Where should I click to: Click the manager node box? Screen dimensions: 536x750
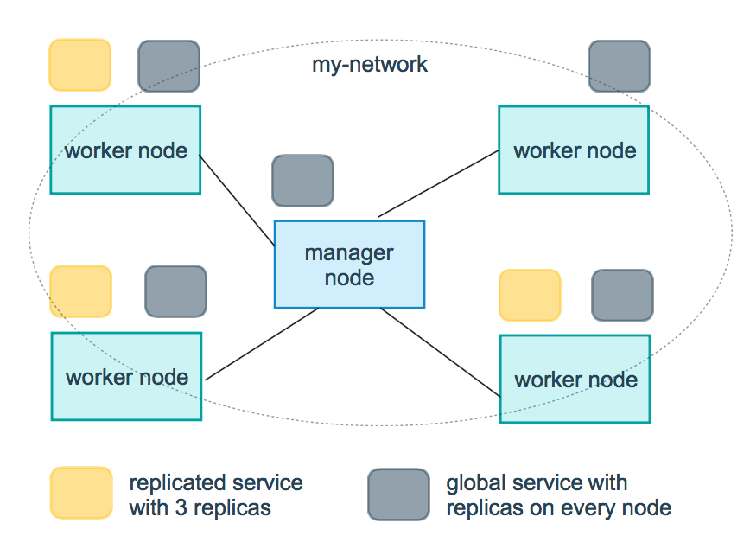point(349,265)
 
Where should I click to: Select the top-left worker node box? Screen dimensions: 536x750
point(125,150)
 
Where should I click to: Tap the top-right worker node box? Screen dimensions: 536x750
point(574,150)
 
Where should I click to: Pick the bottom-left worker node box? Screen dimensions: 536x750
point(126,376)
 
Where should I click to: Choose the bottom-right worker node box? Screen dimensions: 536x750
point(575,379)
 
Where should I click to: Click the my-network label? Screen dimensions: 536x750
point(370,65)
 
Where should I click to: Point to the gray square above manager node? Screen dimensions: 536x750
point(302,181)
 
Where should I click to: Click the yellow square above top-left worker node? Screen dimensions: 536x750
point(80,65)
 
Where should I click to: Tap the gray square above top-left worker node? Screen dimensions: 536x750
point(169,66)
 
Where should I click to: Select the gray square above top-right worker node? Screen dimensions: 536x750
point(620,66)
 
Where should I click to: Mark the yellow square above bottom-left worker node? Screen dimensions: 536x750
point(81,291)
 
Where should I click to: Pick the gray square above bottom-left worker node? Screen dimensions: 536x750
point(175,291)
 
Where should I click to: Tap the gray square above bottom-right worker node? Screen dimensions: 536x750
point(622,295)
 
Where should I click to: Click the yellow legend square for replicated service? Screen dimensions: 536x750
point(81,493)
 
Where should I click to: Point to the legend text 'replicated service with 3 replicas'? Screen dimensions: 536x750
point(216,495)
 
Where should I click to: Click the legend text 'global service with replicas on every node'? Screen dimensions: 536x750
point(558,495)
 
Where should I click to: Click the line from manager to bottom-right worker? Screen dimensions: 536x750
point(441,351)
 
